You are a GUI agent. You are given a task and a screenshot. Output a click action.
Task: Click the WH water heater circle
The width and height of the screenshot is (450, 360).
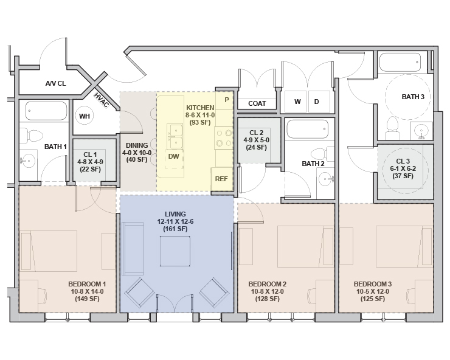coord(85,116)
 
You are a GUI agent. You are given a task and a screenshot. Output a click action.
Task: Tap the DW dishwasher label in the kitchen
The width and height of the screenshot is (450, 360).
coord(173,156)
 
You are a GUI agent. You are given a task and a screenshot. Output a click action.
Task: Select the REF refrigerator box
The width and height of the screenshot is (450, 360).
coord(221,179)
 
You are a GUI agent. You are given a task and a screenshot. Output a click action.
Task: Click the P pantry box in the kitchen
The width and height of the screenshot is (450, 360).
coord(226,99)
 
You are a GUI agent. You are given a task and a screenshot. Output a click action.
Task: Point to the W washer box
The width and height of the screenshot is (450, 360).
coord(297,102)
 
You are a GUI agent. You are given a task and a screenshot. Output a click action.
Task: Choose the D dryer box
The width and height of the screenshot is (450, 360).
coord(316,102)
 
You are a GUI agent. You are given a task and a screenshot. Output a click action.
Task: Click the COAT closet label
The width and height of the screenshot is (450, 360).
coord(257,104)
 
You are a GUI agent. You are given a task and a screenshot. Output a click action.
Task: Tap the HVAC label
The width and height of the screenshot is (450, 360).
coord(102,100)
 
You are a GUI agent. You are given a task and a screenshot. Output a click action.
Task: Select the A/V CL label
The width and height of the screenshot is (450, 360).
coord(55,83)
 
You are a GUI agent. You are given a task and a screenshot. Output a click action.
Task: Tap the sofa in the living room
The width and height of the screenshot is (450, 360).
coord(130,249)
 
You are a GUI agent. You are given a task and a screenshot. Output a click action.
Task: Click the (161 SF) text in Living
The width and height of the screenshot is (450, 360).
coord(177,229)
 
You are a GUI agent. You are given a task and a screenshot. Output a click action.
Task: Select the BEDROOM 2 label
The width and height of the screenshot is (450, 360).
coord(268,284)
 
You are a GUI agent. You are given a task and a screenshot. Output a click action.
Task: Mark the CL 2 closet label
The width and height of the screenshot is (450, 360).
coord(256,133)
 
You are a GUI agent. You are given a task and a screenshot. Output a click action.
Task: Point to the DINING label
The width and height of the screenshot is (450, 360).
coord(137,145)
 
